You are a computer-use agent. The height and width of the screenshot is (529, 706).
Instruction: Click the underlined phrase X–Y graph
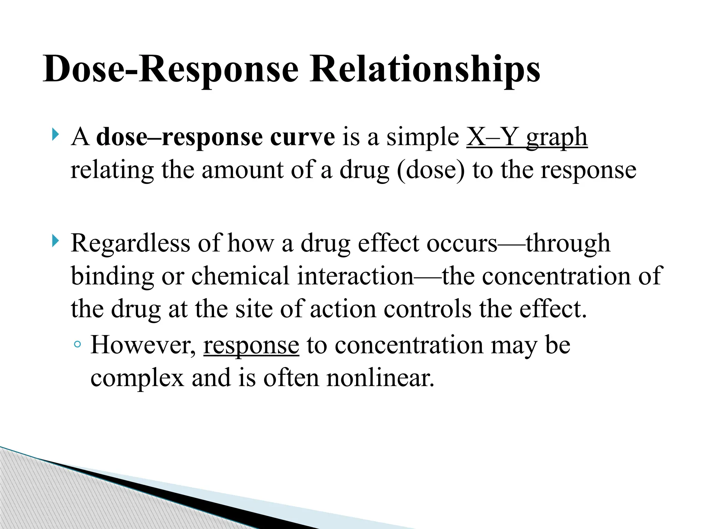point(527,137)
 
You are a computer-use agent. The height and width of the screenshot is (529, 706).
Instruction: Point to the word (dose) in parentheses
point(431,170)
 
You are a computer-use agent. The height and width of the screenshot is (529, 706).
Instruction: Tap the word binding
point(112,276)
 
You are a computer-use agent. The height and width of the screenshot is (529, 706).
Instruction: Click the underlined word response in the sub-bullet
point(251,346)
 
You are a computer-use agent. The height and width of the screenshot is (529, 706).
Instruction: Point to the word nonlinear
point(380,378)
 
